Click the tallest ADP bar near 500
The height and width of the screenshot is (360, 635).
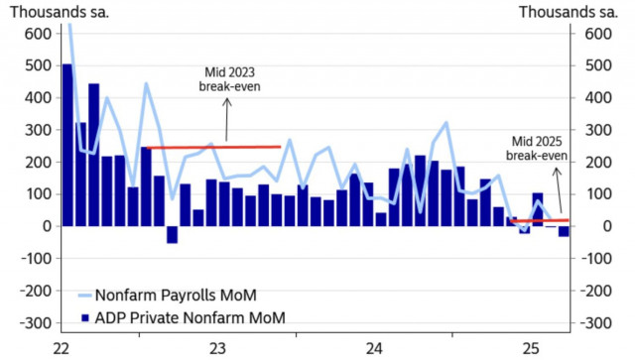[66, 145]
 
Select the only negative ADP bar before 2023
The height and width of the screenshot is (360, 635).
[172, 234]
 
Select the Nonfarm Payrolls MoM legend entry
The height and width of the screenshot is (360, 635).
[180, 294]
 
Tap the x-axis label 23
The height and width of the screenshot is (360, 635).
[219, 348]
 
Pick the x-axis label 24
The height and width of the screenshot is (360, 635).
[375, 348]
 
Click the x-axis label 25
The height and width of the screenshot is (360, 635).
[531, 348]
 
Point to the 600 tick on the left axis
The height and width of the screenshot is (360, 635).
[36, 33]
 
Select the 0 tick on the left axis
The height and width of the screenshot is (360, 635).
[43, 226]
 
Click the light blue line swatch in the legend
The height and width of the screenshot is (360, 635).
[85, 295]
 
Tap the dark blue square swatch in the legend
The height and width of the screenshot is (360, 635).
[84, 318]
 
